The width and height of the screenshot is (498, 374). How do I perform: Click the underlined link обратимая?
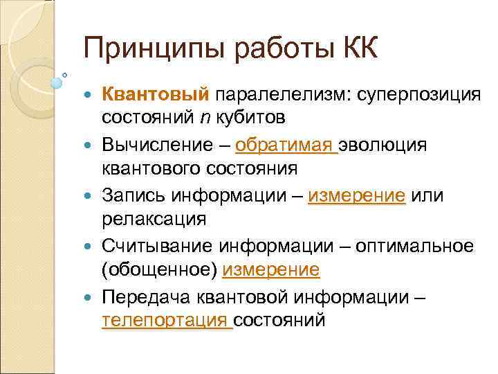point(285,145)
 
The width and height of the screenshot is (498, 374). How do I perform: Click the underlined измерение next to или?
point(357,196)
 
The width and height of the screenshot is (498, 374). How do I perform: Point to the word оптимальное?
point(418,247)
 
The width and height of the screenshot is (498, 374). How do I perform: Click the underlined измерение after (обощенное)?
point(271,270)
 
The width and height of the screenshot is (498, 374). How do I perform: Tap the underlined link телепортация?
point(166,321)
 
